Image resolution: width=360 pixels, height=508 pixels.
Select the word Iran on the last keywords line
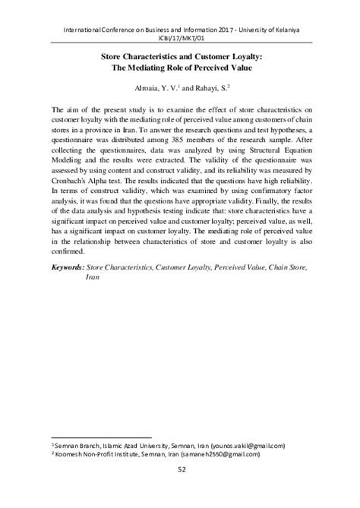(93, 279)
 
